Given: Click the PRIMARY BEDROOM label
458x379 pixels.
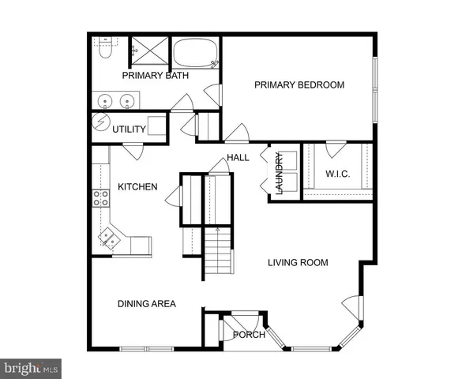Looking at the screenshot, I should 298,85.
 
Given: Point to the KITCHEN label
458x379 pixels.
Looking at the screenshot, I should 137,187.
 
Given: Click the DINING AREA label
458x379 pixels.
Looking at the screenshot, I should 146,304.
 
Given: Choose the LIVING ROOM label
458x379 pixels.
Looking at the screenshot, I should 297,263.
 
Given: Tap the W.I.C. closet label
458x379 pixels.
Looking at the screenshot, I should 337,174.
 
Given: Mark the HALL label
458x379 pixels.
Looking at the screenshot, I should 238,158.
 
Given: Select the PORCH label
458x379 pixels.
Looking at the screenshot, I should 249,335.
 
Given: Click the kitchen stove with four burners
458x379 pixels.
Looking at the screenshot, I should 101,198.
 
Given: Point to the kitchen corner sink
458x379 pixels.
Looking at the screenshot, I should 107,235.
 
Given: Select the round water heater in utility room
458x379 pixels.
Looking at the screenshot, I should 100,125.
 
